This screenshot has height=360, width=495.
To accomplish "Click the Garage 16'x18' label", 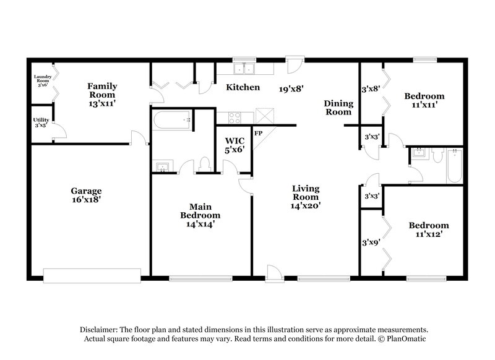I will coord(85,195).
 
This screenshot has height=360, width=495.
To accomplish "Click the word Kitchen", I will coord(243,87).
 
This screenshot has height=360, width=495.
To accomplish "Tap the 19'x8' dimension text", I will coord(291,88).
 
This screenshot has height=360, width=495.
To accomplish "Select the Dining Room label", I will coord(338,108).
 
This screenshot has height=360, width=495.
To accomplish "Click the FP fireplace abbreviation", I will coord(258,133).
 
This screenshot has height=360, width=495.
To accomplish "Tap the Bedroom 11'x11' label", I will coord(424,100).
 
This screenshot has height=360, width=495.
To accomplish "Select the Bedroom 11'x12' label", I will coord(429,230).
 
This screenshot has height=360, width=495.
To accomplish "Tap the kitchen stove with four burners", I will coord(236,117).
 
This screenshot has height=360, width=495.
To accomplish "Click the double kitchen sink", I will coord(249,67).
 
